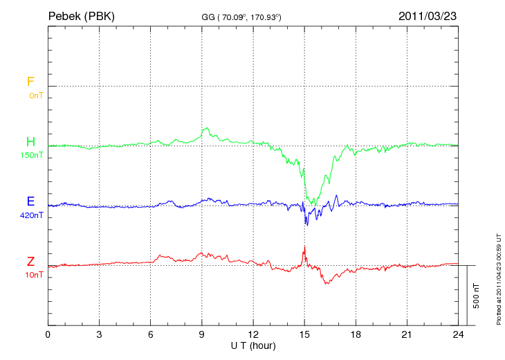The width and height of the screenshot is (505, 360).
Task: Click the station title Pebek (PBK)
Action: point(81,15)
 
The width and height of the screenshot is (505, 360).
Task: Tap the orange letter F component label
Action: point(30,82)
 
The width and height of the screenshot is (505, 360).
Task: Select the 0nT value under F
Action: point(35,95)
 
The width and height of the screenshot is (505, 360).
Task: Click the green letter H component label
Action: point(30,142)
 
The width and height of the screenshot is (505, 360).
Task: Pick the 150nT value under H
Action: point(32,155)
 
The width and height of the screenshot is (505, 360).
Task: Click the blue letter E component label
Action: point(30,201)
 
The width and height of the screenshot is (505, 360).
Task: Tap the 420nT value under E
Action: point(32,215)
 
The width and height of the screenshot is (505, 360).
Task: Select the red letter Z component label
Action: point(30,262)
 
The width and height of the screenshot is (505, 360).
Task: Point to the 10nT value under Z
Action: point(34,275)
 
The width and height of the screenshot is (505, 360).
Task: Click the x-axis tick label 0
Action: point(48,334)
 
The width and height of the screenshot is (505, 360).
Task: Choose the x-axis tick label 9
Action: point(202,334)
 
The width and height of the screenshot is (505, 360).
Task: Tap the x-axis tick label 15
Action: point(304,334)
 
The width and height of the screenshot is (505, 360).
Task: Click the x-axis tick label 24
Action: point(458,334)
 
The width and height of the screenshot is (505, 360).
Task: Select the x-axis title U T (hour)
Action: point(253,345)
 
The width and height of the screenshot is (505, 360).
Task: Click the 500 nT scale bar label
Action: point(477,295)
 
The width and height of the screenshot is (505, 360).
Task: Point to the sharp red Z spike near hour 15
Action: point(304,247)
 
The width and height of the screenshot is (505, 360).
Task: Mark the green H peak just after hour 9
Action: point(205,128)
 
